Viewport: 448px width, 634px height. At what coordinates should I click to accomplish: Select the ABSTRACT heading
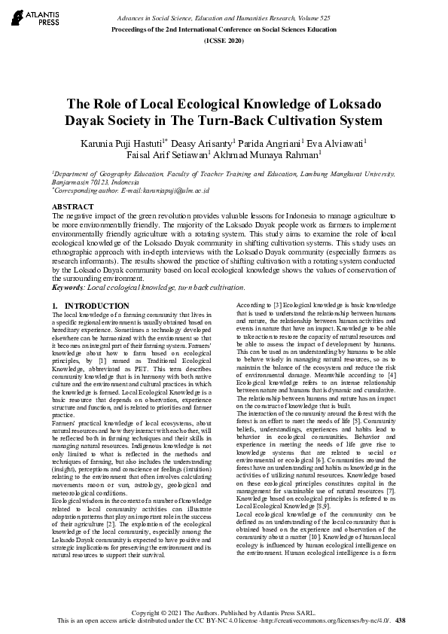coord(73,206)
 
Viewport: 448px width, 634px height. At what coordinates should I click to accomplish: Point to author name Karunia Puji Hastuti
coord(123,143)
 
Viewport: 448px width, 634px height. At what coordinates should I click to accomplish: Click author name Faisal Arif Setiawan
coord(167,157)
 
